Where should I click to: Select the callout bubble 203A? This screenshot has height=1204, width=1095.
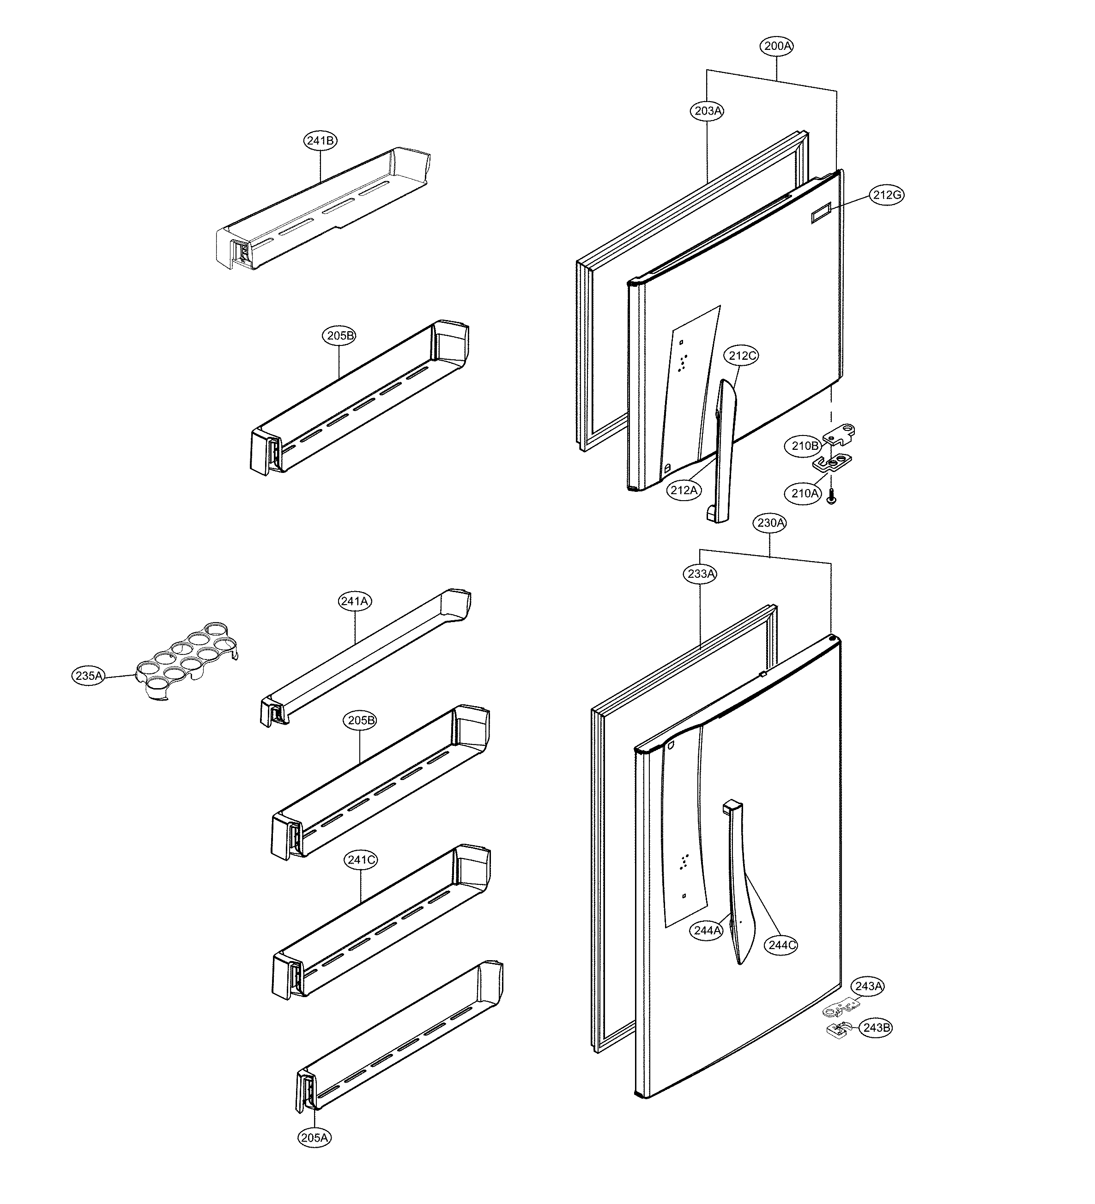(x=708, y=110)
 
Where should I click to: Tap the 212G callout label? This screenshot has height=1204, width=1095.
(x=886, y=195)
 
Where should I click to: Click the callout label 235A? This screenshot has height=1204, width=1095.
(x=89, y=676)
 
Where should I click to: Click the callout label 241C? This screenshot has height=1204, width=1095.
(x=361, y=860)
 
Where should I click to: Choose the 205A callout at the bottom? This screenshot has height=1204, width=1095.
(x=314, y=1137)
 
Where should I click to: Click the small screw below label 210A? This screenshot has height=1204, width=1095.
(x=831, y=495)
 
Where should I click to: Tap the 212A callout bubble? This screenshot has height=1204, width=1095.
(x=684, y=490)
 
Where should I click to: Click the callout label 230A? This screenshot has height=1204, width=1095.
(x=770, y=523)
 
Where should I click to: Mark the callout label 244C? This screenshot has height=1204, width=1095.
(x=781, y=945)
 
